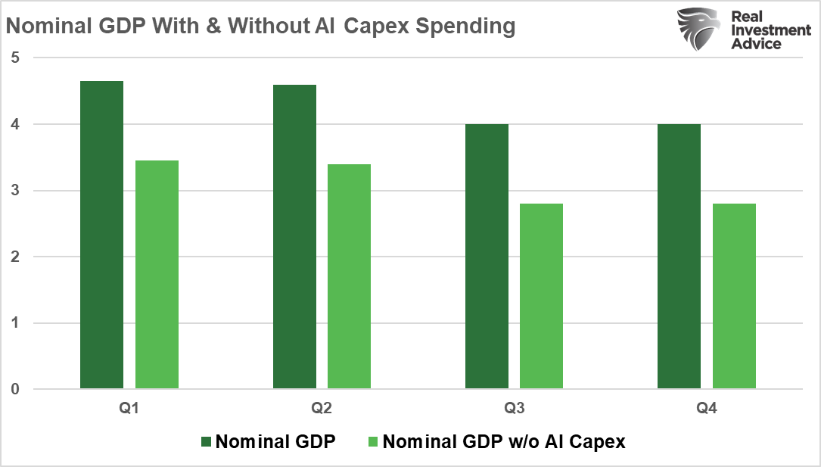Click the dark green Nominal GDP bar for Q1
point(101,235)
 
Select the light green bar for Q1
point(157,275)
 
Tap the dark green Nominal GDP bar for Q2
point(294,237)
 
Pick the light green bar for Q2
point(349,277)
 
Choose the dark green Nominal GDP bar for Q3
point(487,257)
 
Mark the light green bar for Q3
point(541,297)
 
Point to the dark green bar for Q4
point(679,257)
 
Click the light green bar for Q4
point(734,297)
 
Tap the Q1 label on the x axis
point(129,409)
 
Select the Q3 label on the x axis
point(514,409)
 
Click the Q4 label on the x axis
point(707,409)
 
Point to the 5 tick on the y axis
point(14,58)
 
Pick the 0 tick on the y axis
point(14,390)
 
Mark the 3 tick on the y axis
point(14,191)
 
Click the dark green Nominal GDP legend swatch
point(207,442)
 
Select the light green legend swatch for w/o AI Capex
point(374,442)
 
